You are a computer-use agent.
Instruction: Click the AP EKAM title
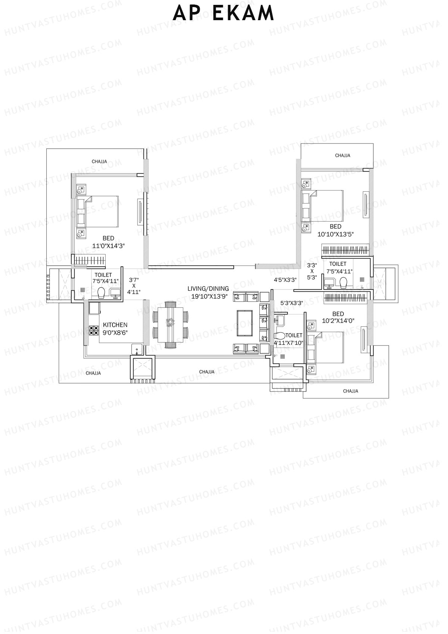(x=224, y=14)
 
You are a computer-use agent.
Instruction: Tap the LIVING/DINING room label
(x=208, y=288)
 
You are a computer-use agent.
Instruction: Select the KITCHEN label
(x=115, y=325)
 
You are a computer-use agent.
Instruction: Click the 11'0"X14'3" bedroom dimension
(x=108, y=246)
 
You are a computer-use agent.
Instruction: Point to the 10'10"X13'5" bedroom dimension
(x=335, y=234)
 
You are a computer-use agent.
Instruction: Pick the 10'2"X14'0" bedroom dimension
(x=338, y=321)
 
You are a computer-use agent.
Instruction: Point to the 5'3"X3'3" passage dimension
(x=291, y=303)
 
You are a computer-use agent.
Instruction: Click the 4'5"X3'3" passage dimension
(x=285, y=279)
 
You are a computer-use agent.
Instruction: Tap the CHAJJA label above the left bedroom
(x=99, y=162)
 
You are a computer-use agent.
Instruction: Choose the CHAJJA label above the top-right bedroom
(x=342, y=155)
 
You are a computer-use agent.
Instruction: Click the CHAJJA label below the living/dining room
(x=207, y=372)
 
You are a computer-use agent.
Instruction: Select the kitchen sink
(x=137, y=349)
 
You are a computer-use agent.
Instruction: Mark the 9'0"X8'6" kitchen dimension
(x=115, y=332)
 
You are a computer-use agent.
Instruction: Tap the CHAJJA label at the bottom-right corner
(x=350, y=391)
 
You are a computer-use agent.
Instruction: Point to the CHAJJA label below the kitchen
(x=93, y=373)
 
